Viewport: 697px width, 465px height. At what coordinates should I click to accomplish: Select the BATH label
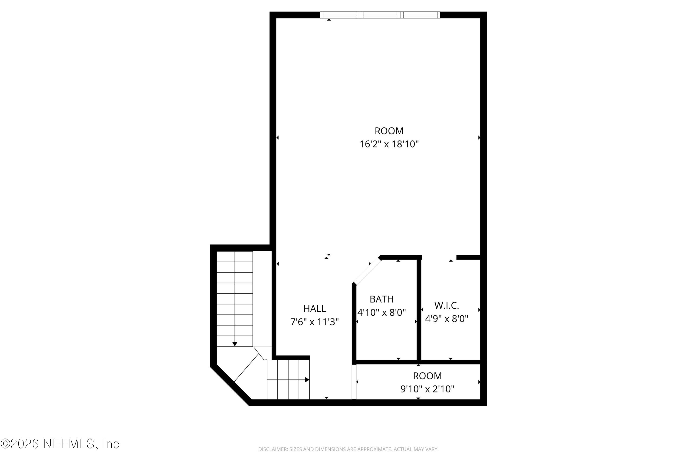point(381,299)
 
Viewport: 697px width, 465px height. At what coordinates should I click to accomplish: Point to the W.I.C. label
point(446,306)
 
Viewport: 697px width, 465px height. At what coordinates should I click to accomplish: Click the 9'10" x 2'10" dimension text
point(427,389)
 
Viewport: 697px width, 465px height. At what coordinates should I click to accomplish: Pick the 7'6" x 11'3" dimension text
point(314,322)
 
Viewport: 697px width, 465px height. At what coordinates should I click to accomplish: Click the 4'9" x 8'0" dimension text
point(446,319)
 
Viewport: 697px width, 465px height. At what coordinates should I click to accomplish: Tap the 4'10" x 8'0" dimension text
point(381,312)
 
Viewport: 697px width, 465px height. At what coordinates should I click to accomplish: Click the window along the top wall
point(380,15)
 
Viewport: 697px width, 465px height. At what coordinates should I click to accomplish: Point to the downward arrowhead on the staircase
point(235,344)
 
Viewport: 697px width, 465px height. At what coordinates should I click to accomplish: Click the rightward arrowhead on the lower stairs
point(307,380)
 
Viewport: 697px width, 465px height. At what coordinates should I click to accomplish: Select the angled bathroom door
point(366,271)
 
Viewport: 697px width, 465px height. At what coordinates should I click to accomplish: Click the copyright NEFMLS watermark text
point(60,444)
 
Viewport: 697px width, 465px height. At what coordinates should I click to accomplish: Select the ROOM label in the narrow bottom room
point(427,376)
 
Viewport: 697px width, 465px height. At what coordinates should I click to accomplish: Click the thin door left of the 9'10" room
point(354,382)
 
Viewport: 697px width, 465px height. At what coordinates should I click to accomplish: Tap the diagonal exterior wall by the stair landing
point(230,385)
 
